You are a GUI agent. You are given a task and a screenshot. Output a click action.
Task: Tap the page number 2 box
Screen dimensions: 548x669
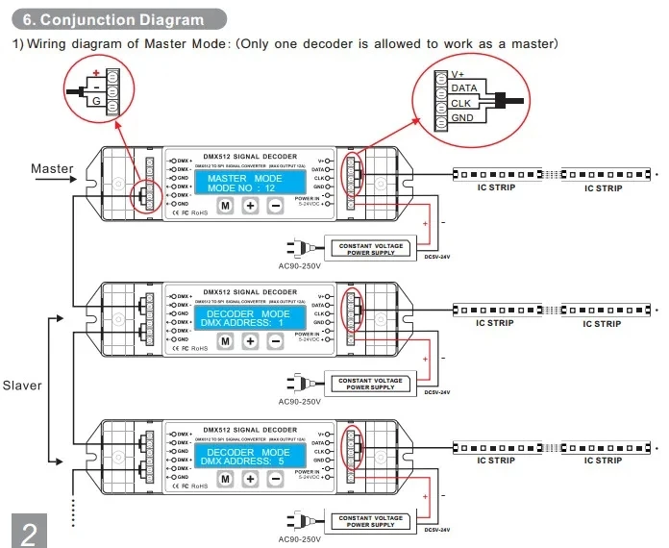point(29,530)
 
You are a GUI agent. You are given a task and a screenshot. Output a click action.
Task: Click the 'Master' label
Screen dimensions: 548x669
point(52,169)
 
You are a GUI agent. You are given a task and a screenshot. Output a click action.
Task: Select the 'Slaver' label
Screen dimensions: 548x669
point(22,386)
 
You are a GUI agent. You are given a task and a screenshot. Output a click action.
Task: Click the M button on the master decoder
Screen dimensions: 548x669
point(225,206)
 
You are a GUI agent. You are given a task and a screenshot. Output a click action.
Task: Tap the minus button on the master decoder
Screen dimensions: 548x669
point(275,206)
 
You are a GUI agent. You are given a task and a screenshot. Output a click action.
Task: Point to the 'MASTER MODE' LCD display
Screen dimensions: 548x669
point(244,183)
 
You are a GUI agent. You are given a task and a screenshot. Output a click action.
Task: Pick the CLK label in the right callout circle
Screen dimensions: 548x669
point(460,103)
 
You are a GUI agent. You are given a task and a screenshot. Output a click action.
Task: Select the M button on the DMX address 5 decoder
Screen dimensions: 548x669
point(225,478)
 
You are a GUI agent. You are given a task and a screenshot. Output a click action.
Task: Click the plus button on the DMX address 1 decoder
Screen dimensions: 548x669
point(250,341)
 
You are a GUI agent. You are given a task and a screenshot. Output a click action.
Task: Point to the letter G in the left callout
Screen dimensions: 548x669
point(95,99)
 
